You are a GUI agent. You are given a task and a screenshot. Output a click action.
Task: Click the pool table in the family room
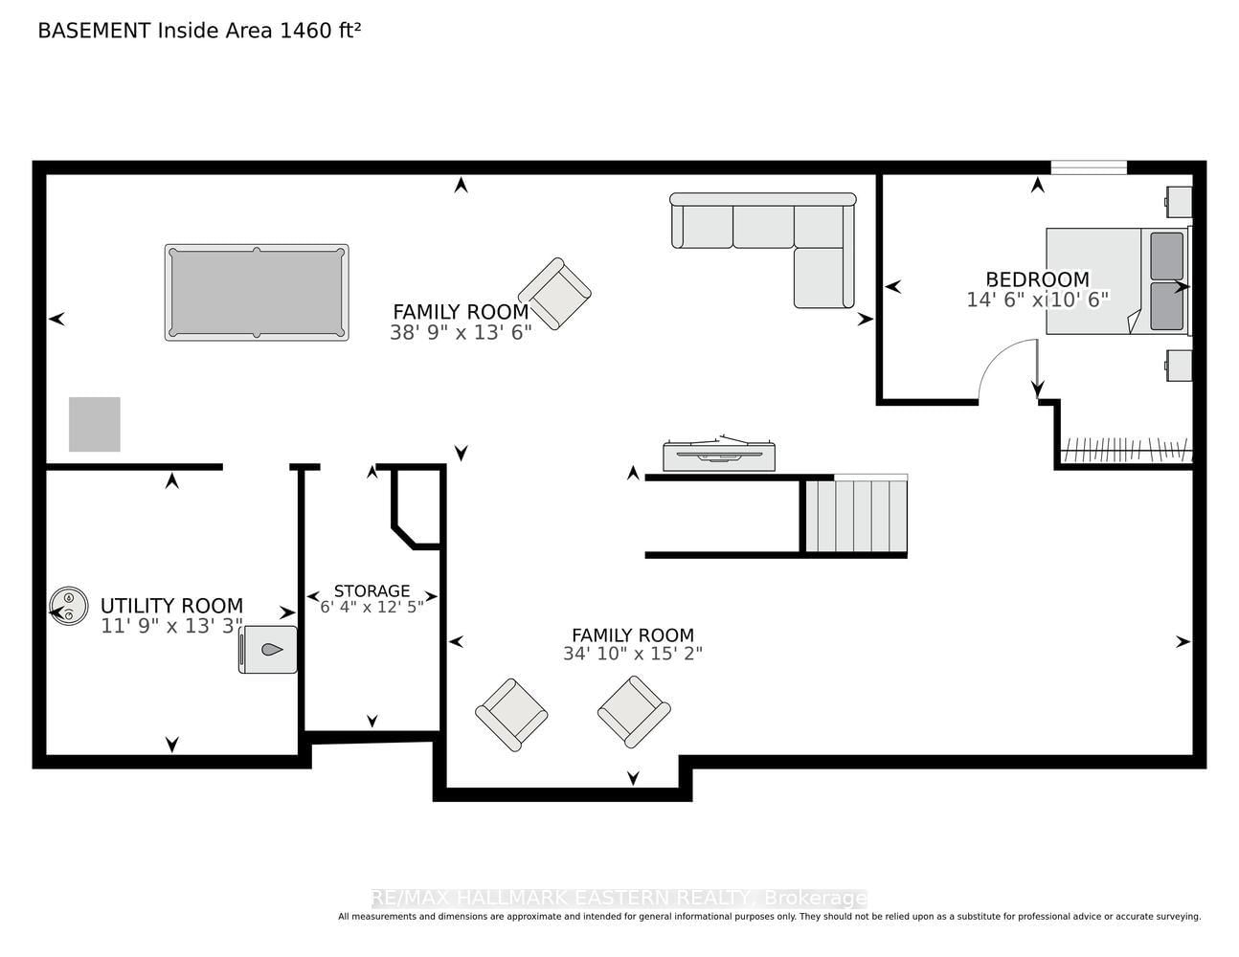[x=257, y=293]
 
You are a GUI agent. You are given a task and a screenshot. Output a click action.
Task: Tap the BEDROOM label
[x=1037, y=279]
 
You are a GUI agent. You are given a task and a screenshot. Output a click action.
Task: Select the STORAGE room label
[x=372, y=590]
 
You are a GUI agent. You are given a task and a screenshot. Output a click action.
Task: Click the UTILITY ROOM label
[x=171, y=606]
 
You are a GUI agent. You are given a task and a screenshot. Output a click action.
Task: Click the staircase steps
[x=856, y=516]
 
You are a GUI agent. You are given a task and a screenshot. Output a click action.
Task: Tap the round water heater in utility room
[x=69, y=606]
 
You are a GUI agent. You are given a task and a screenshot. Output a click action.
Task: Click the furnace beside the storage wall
[x=268, y=650]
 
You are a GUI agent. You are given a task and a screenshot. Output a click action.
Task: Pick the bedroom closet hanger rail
[x=1127, y=450]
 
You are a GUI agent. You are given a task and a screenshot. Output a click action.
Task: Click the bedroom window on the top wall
[x=1089, y=167]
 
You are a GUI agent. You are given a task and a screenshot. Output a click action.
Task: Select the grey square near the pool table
[x=95, y=424]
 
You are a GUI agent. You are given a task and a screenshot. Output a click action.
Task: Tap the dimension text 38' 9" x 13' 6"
[x=461, y=333]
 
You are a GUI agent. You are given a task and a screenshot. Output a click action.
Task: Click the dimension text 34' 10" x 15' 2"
[x=633, y=654]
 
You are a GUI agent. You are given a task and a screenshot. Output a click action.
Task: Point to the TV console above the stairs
[x=719, y=454]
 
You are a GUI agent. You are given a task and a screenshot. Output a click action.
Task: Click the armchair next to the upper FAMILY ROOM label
[x=554, y=294]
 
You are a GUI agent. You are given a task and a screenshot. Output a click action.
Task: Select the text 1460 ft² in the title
[x=320, y=31]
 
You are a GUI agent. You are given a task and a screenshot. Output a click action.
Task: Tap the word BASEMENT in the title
[x=95, y=31]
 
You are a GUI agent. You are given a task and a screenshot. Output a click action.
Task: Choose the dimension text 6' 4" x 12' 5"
[x=372, y=608]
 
